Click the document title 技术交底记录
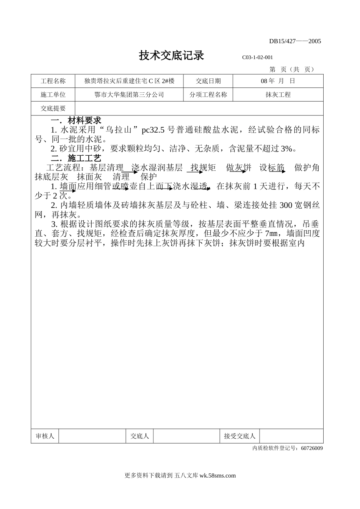click(171, 56)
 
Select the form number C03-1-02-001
click(257, 58)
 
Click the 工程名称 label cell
click(53, 81)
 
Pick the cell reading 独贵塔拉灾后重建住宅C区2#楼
click(129, 81)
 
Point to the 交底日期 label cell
click(208, 81)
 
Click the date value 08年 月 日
click(278, 81)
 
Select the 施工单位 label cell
click(53, 95)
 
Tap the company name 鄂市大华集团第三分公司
click(129, 95)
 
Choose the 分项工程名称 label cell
click(208, 95)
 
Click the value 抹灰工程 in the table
click(278, 95)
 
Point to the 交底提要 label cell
click(53, 109)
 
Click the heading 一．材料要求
click(76, 121)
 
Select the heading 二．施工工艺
click(76, 158)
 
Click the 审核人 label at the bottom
click(45, 436)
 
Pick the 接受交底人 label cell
click(240, 436)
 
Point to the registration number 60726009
click(312, 448)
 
